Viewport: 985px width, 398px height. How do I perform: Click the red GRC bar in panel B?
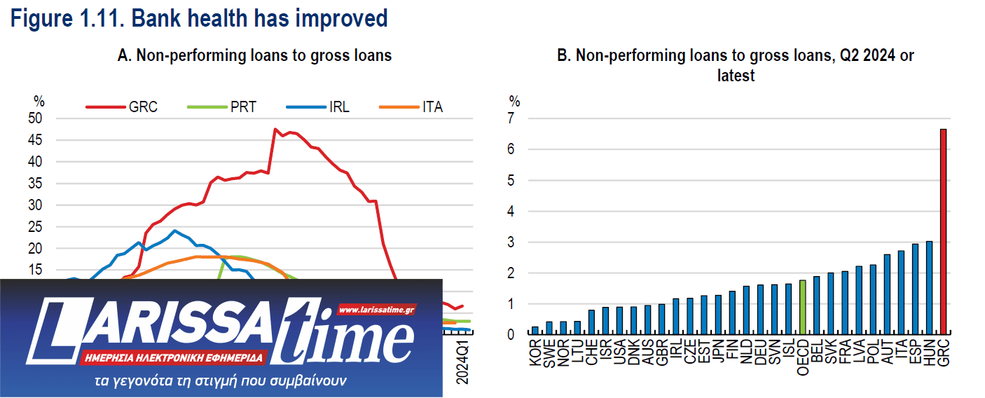click(944, 232)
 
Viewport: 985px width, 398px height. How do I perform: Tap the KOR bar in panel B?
click(535, 331)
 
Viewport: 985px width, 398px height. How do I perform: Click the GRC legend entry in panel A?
click(122, 107)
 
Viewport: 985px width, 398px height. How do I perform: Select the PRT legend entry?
click(222, 107)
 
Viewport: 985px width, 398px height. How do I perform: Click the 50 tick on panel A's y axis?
click(35, 118)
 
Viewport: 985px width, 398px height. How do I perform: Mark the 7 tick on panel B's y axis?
click(514, 118)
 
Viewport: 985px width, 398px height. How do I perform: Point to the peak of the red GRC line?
click(275, 129)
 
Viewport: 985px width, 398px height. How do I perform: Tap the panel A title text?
click(254, 55)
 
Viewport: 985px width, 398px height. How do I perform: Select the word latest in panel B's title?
click(736, 75)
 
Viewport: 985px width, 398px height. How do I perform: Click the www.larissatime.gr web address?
click(377, 309)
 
